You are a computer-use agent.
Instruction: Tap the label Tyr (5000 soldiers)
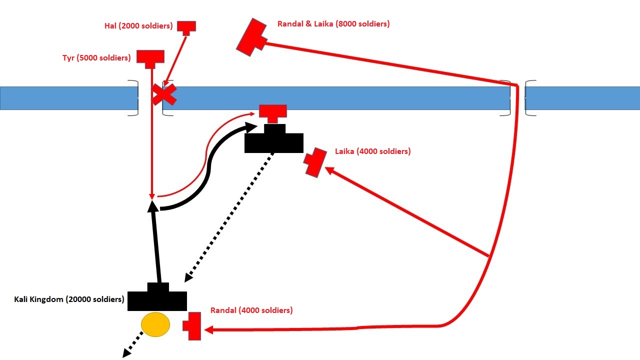pyautogui.click(x=96, y=58)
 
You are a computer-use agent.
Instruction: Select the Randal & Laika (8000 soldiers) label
pyautogui.click(x=333, y=24)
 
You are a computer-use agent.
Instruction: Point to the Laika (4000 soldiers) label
pyautogui.click(x=372, y=151)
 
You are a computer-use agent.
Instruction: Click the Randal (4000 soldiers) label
pyautogui.click(x=251, y=310)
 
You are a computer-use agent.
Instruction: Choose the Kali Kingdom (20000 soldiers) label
pyautogui.click(x=69, y=299)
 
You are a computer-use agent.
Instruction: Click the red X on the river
pyautogui.click(x=164, y=94)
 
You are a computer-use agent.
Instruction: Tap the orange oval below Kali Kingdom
pyautogui.click(x=155, y=325)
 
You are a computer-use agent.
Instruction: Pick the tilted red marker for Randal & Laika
pyautogui.click(x=252, y=37)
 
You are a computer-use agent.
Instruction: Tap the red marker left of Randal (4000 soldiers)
pyautogui.click(x=193, y=326)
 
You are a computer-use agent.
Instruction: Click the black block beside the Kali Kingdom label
pyautogui.click(x=157, y=298)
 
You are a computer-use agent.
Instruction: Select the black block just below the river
pyautogui.click(x=274, y=139)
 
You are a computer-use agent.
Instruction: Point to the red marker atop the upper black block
pyautogui.click(x=273, y=112)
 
